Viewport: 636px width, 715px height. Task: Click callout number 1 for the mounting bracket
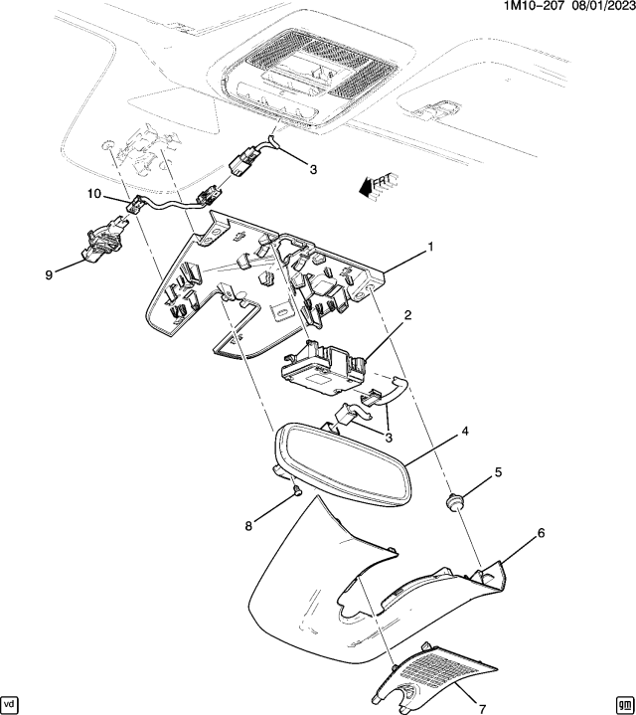coord(431,246)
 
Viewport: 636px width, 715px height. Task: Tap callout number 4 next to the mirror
coord(464,434)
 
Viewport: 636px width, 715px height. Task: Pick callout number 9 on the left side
coord(48,275)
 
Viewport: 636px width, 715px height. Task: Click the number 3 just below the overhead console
coord(312,170)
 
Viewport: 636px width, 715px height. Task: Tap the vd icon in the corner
coord(11,703)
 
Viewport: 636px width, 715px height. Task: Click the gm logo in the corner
coord(623,703)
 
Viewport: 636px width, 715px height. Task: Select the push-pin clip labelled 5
coord(456,501)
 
